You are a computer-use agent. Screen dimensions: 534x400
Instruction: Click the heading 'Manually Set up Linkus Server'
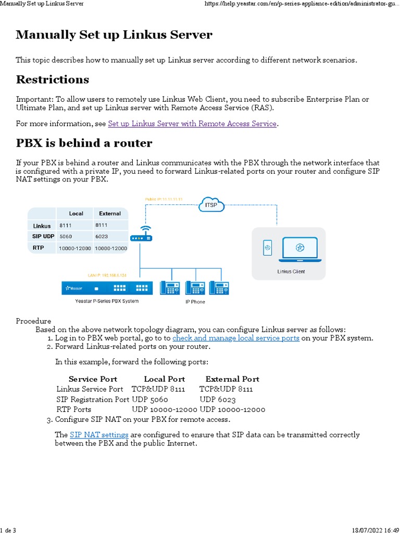[114, 35]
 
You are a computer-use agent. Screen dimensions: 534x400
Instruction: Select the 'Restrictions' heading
[53, 80]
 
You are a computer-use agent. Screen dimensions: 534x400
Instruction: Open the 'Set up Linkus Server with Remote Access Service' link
[192, 124]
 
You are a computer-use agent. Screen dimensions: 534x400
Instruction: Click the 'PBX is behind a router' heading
[84, 143]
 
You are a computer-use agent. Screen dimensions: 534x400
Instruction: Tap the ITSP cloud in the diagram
[211, 205]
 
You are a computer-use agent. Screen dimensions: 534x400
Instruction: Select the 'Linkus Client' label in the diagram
[291, 271]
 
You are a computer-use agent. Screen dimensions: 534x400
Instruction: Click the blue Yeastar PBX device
[107, 288]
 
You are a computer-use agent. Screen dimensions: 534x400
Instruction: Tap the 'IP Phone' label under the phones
[195, 301]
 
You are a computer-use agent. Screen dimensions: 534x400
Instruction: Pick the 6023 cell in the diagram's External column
[102, 236]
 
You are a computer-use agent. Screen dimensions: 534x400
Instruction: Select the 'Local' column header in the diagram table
[76, 213]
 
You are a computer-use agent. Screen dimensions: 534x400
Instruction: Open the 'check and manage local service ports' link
[236, 338]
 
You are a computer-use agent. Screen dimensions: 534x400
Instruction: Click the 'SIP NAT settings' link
[99, 434]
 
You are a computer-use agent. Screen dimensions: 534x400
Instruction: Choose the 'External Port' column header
[232, 379]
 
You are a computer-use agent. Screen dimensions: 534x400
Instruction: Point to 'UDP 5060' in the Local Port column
[150, 399]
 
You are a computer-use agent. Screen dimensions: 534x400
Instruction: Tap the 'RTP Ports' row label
[74, 409]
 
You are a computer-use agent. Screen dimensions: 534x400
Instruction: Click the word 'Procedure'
[33, 321]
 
